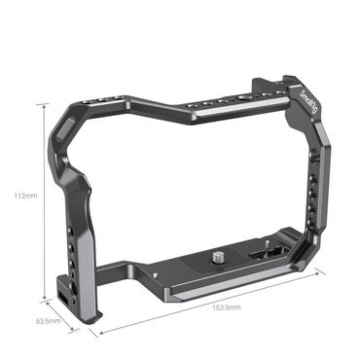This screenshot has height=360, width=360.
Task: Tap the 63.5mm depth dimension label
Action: [x=49, y=320]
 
